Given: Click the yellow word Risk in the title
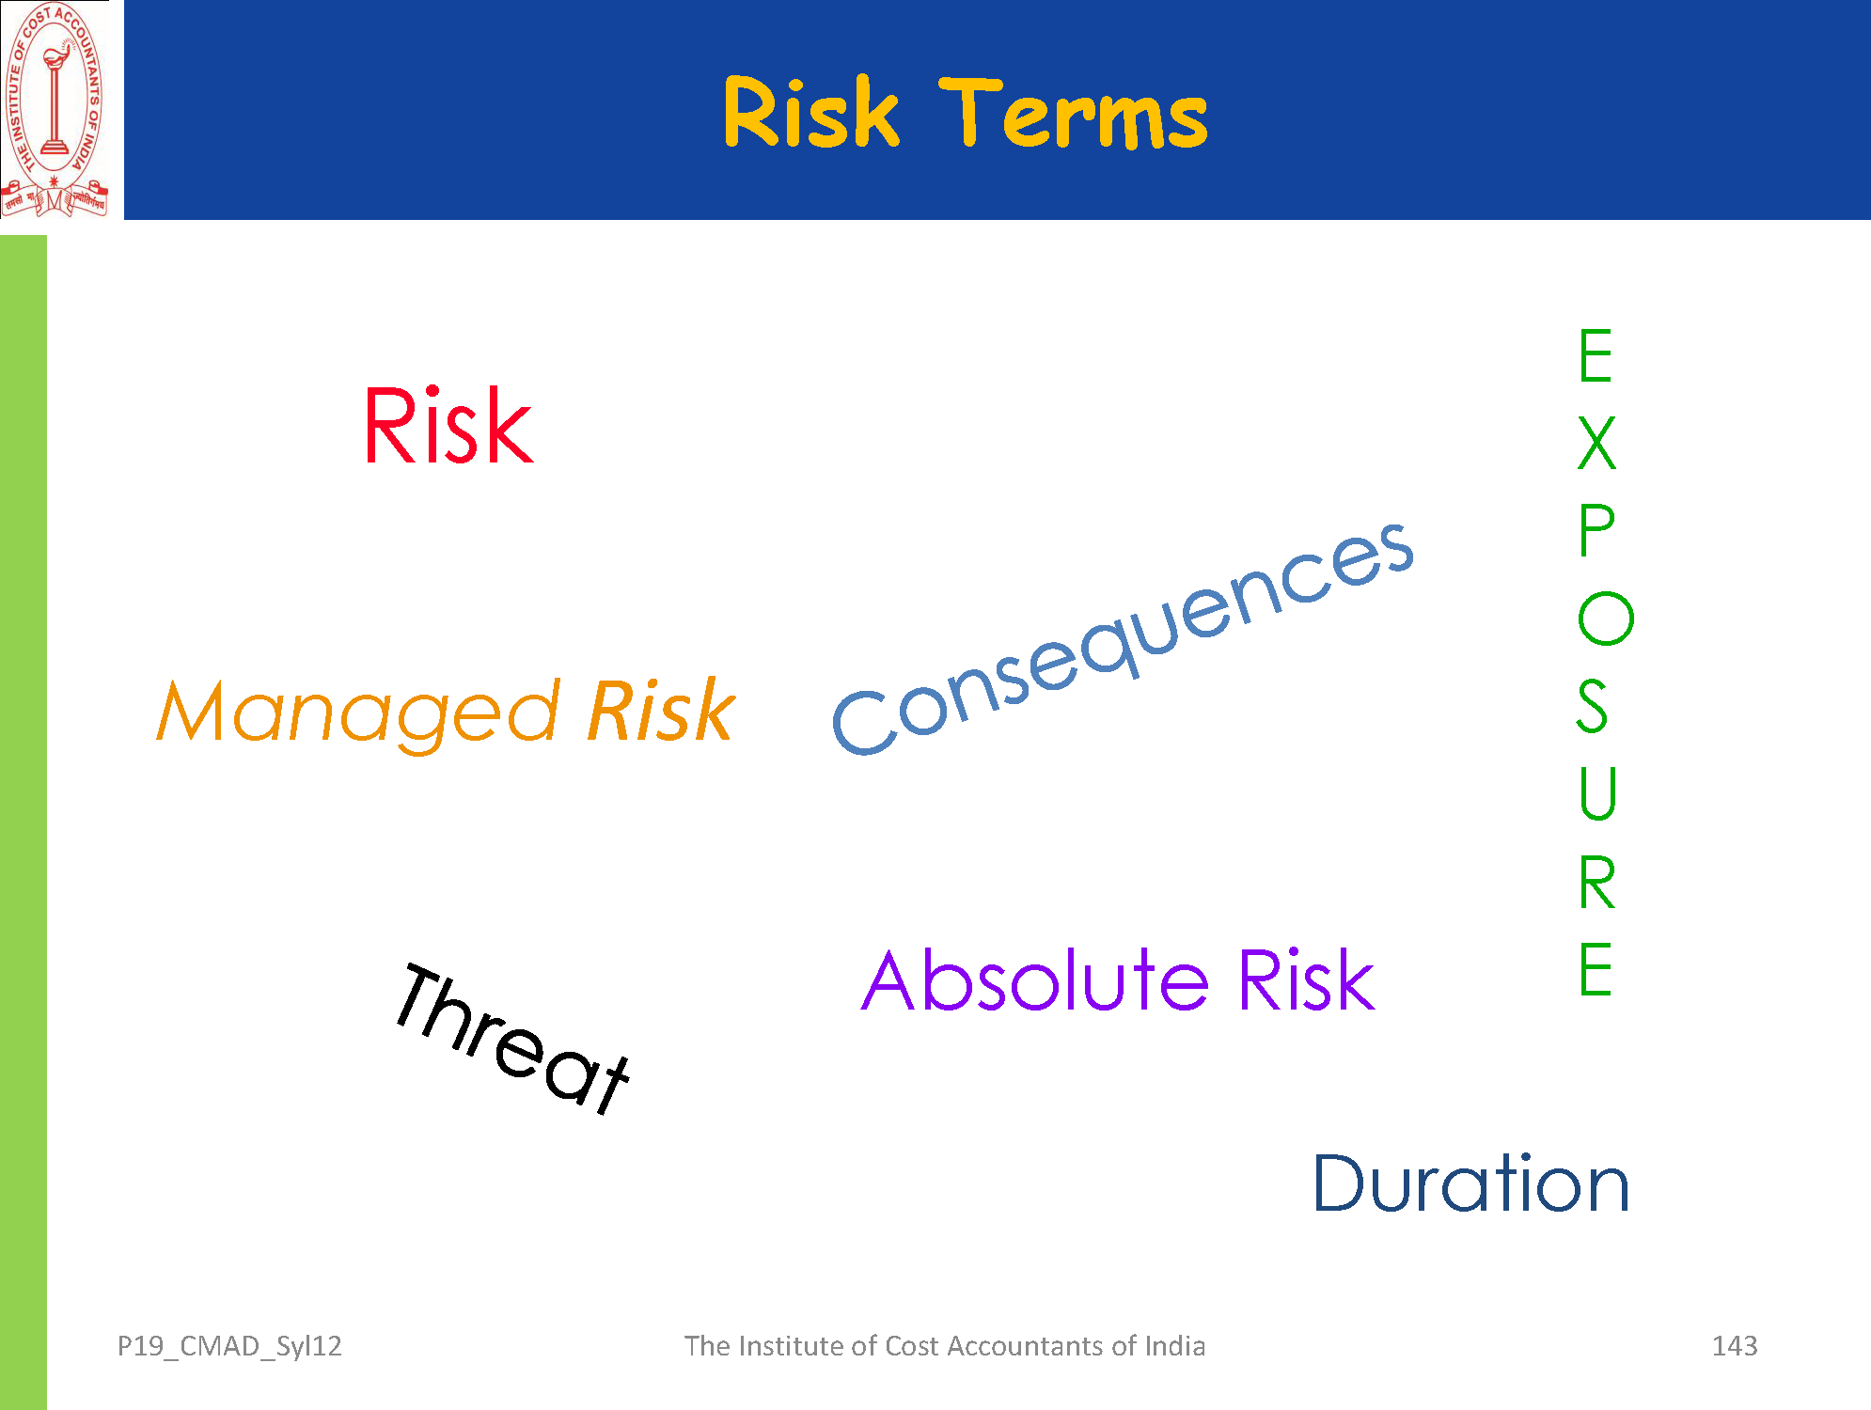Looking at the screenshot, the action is [810, 112].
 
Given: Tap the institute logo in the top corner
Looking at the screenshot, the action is [55, 110].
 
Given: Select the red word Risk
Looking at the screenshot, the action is [448, 426].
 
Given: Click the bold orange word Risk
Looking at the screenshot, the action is [661, 711].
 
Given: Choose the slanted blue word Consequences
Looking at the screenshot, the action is [1124, 639].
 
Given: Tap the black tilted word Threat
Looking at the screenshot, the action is [512, 1039].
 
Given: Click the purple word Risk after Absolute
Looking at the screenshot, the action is [1306, 979].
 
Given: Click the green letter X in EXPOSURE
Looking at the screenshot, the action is [1596, 443].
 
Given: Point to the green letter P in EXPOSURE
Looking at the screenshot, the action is [1596, 530].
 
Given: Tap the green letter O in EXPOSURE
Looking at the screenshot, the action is [1606, 619].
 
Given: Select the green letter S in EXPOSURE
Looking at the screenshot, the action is [1593, 706].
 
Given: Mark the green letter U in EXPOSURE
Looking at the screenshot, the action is [1597, 794].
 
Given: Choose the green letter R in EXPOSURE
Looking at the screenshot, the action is [1596, 883].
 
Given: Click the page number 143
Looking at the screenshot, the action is [1735, 1346].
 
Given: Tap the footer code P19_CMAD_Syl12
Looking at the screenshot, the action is [229, 1347].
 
